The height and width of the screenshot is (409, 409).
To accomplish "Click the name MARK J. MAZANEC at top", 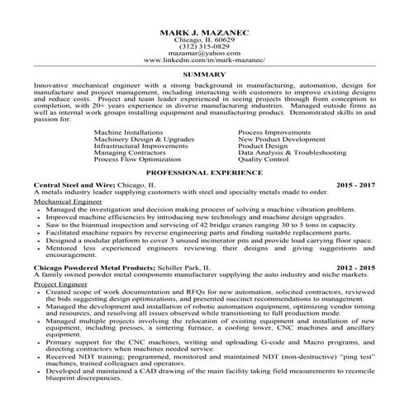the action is (203, 32).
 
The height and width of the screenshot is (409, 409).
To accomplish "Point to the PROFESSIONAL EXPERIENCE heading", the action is (203, 174).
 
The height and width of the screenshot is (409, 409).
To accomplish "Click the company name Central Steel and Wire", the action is (69, 187).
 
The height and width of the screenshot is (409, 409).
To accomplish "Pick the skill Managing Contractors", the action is (128, 153).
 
